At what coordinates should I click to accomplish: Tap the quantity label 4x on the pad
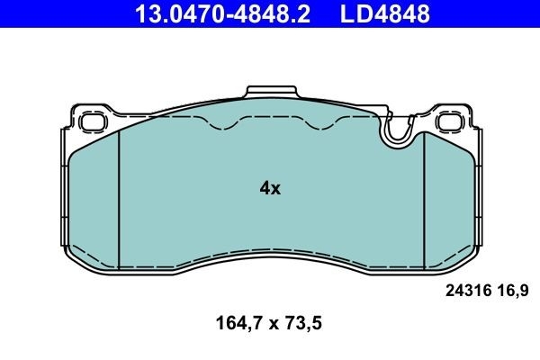[270, 188]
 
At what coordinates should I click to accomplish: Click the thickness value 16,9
[511, 290]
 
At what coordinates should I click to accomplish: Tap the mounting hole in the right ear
[449, 121]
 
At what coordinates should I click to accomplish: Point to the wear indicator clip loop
[396, 133]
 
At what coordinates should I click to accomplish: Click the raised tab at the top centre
[270, 93]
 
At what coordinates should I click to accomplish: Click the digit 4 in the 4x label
[264, 188]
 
